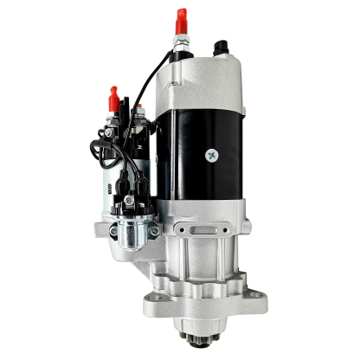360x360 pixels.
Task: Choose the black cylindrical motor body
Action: tap(208, 147)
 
